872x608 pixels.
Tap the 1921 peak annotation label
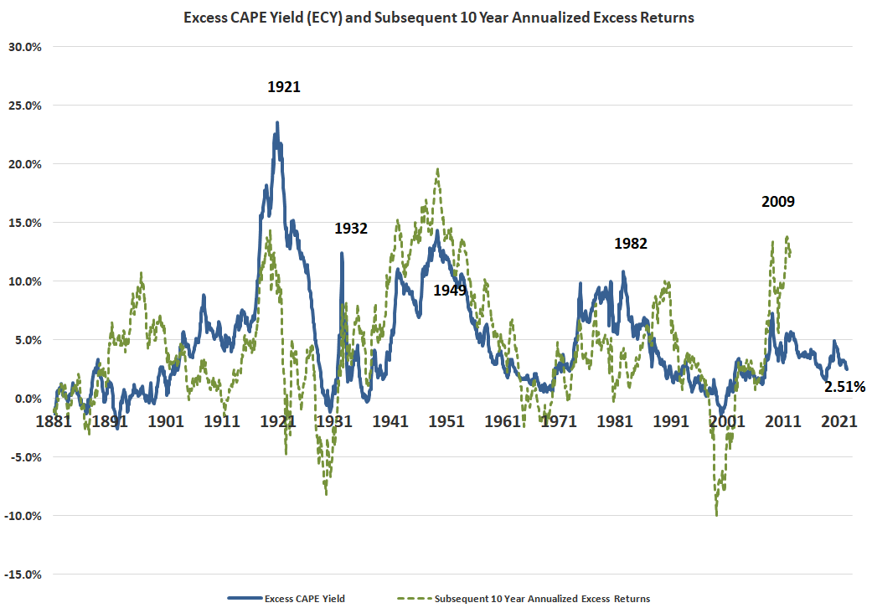284,86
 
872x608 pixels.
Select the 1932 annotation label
351,228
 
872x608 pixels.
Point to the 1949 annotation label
449,290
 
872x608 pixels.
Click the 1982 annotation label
631,244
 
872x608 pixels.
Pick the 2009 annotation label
778,201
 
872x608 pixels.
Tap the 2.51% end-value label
844,387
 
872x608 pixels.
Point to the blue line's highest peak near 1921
277,123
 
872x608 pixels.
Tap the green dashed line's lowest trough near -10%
716,514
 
